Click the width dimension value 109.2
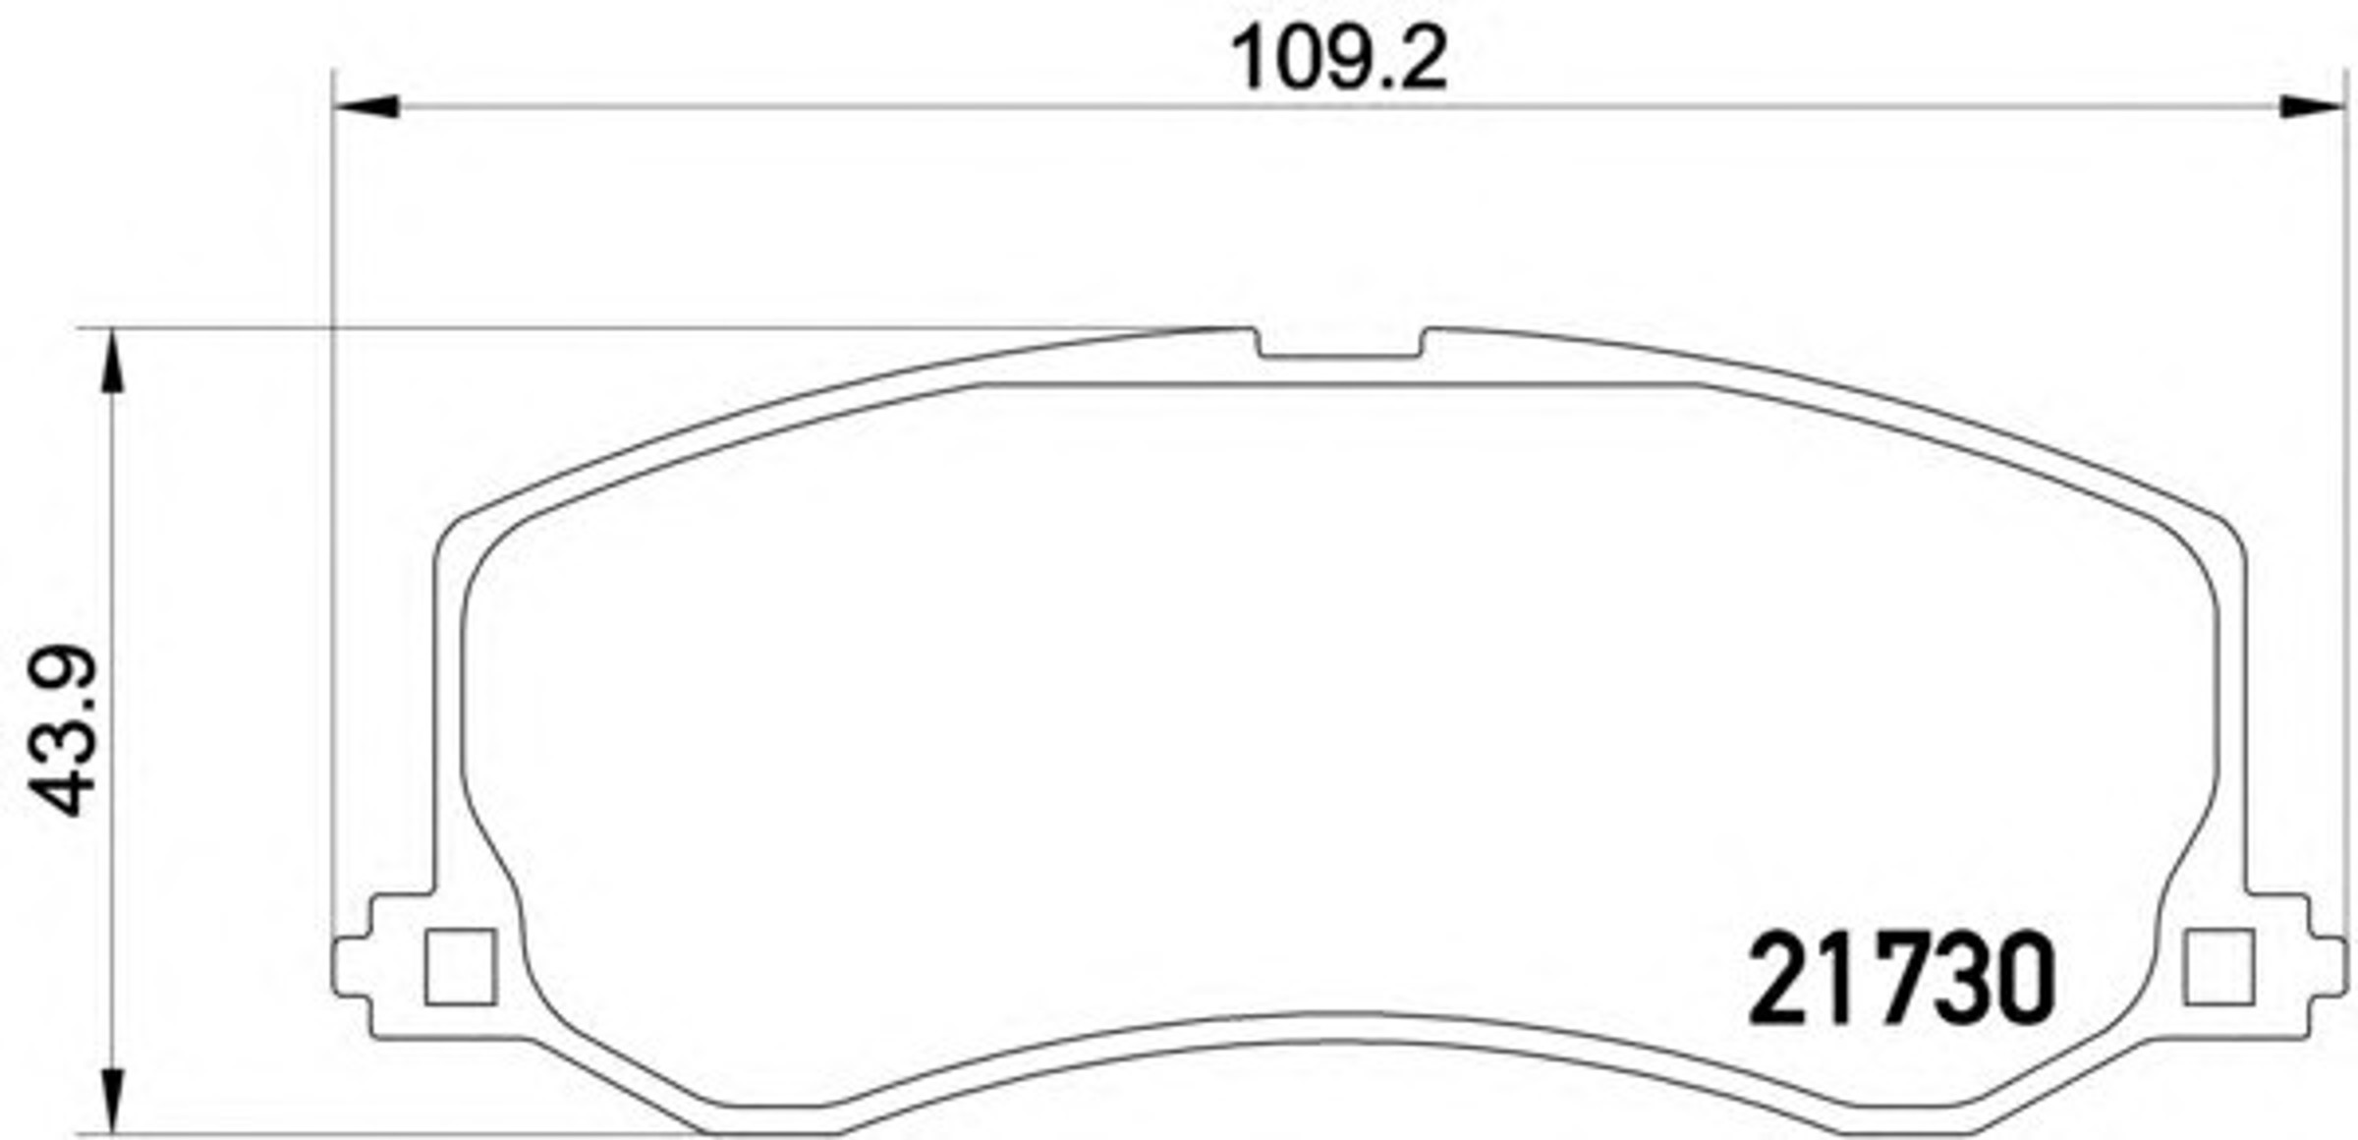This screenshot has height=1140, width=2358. click(1339, 59)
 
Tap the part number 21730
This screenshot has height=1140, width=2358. click(1901, 979)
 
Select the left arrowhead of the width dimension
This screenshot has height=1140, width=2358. click(366, 106)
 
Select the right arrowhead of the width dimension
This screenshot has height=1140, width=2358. click(2312, 106)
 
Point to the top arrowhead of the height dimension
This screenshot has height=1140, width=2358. click(114, 362)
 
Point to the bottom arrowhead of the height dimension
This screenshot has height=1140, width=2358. click(114, 1101)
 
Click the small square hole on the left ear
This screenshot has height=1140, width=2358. click(460, 968)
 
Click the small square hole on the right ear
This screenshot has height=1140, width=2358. click(2218, 968)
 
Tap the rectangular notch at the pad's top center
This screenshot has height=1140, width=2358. click(1340, 344)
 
